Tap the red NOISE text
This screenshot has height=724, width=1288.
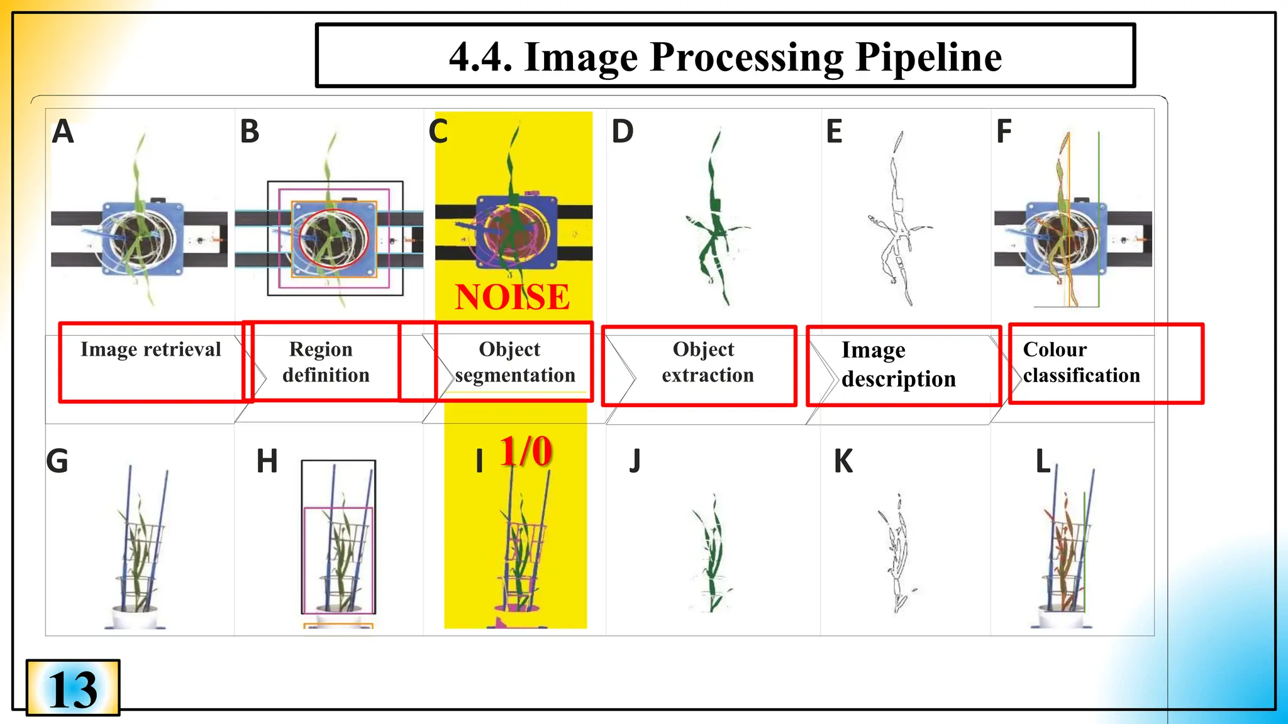(x=512, y=297)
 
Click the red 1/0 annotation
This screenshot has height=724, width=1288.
(x=526, y=451)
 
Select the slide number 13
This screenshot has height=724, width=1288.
(x=73, y=689)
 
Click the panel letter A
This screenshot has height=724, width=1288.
(x=63, y=132)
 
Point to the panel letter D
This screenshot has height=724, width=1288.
(x=623, y=132)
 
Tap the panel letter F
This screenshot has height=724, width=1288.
(x=1004, y=132)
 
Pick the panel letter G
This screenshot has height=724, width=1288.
(x=57, y=461)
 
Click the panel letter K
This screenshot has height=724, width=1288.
(x=843, y=461)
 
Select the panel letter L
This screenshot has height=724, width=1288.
(x=1043, y=461)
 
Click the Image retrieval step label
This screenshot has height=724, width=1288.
(x=150, y=349)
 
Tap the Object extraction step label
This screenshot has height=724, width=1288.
(x=707, y=362)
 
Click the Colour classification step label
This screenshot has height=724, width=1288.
(x=1080, y=362)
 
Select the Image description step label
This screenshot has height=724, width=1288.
(x=898, y=365)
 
